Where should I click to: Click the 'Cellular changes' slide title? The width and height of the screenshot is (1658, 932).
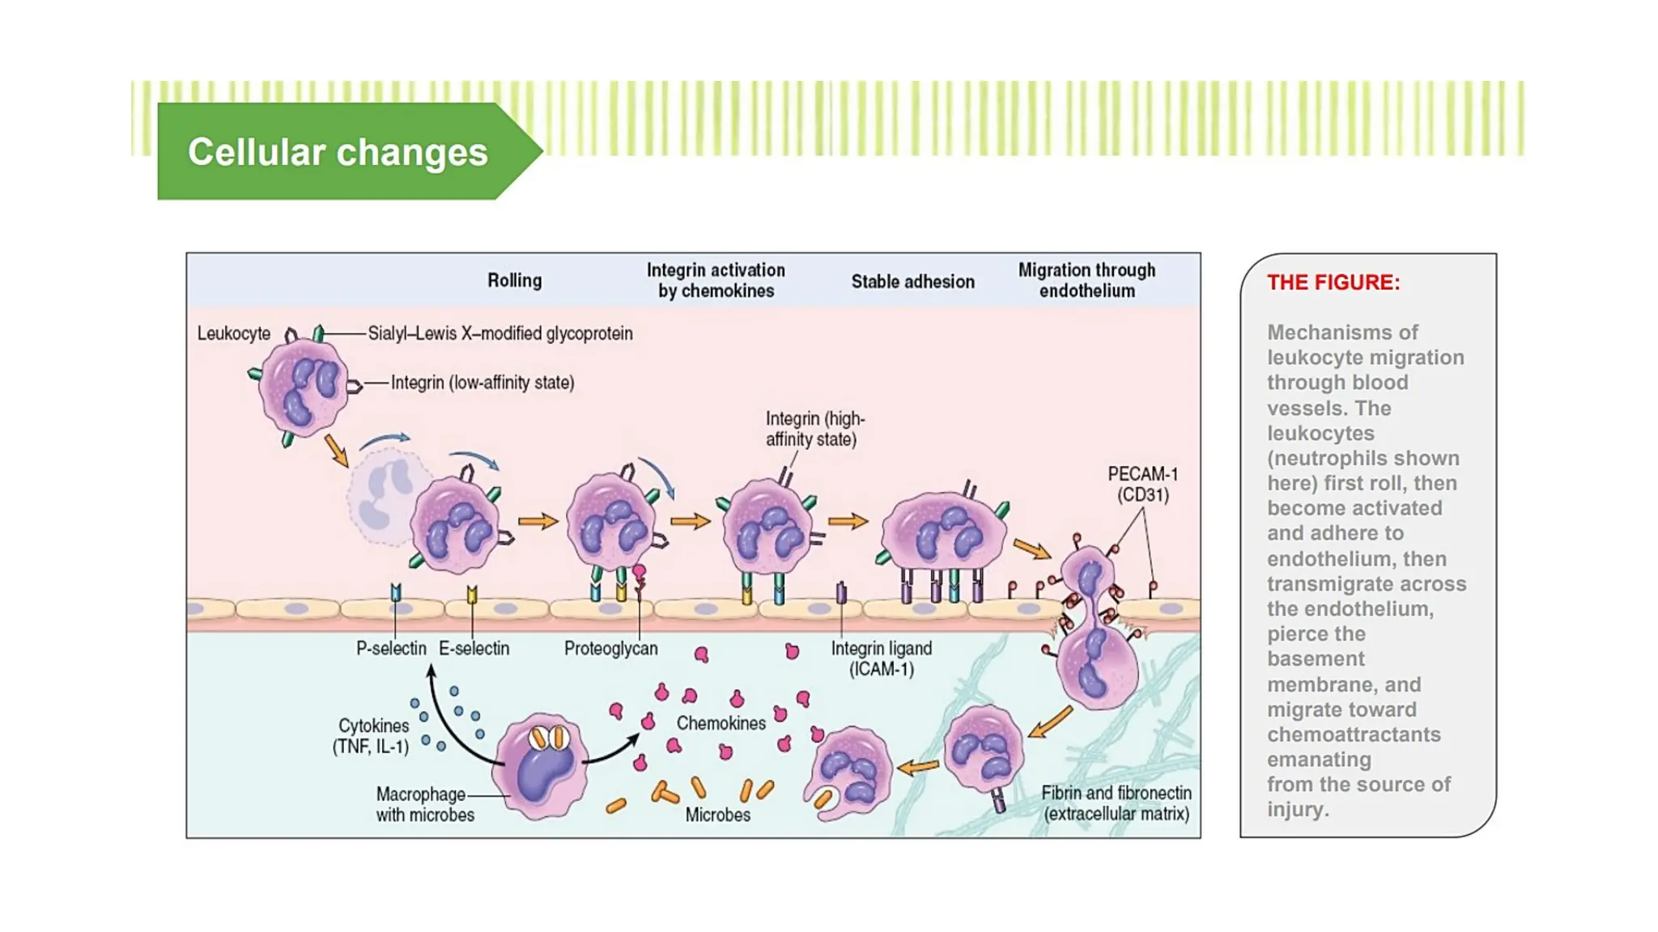point(338,152)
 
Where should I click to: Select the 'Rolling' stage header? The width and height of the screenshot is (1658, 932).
point(514,281)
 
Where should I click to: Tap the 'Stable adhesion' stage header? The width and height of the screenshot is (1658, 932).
point(912,282)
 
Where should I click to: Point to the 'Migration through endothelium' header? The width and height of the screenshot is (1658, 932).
point(1086,280)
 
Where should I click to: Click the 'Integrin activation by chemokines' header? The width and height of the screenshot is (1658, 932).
point(716,280)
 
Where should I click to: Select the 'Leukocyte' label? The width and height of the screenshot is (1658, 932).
point(234,333)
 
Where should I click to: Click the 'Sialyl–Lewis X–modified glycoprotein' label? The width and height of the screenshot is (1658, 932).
point(500,333)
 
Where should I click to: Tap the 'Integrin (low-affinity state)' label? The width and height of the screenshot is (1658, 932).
point(483,383)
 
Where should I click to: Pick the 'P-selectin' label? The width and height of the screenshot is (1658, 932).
point(391,648)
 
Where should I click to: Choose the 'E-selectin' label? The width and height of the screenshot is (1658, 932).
point(474,648)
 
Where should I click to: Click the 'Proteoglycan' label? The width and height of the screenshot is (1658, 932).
point(610,648)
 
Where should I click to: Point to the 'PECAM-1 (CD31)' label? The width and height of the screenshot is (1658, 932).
point(1142,484)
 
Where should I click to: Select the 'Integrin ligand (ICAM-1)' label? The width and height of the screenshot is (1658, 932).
point(881,659)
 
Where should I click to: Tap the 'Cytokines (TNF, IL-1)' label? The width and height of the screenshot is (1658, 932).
point(371,735)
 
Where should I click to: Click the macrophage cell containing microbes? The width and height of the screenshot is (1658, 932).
point(541,765)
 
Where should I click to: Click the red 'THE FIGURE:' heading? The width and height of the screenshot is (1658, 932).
point(1333,282)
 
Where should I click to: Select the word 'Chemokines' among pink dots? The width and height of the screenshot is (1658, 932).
point(721,723)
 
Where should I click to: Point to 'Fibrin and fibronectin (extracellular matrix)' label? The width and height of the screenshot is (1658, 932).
point(1116,803)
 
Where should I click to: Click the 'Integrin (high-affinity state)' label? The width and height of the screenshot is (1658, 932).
point(814,429)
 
